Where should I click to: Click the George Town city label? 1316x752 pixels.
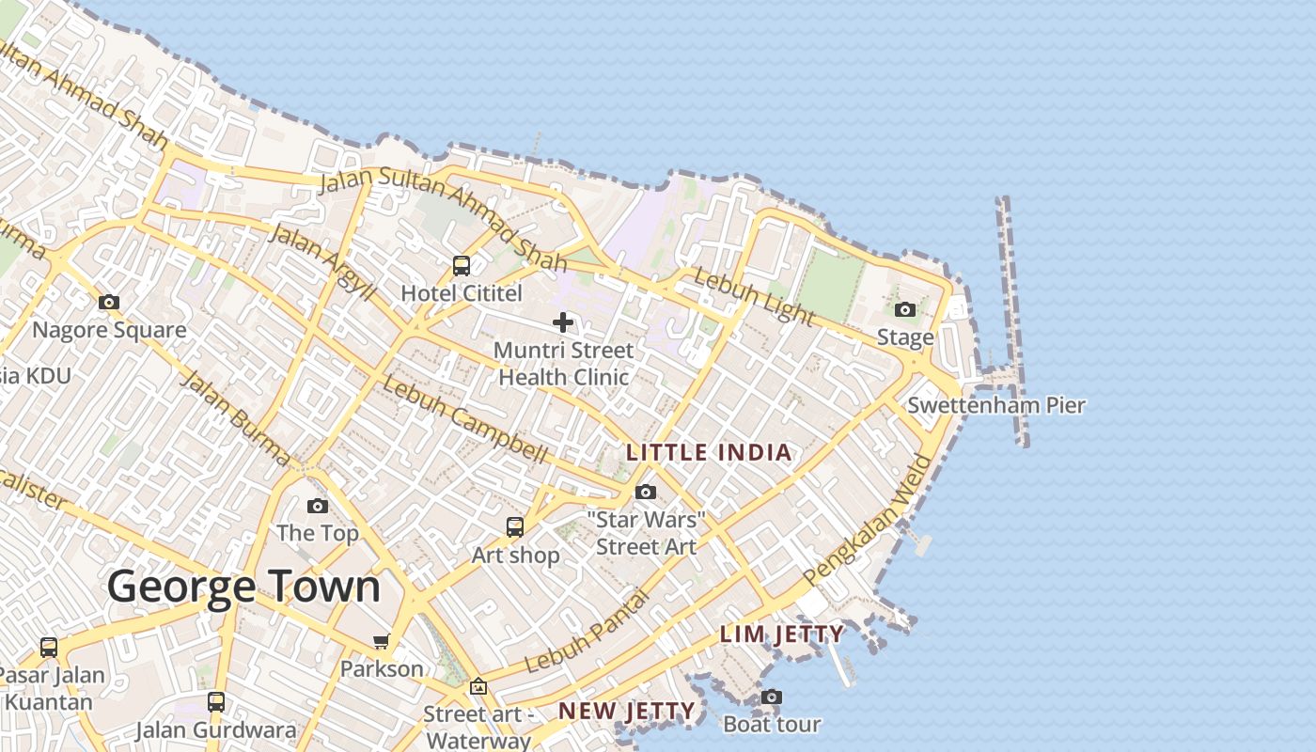click(243, 587)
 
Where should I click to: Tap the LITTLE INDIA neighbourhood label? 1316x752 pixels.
click(709, 452)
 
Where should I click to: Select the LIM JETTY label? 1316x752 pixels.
click(781, 634)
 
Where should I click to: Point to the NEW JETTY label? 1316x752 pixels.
click(627, 712)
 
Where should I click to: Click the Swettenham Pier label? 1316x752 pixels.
click(996, 406)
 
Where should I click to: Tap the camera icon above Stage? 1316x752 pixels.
click(905, 309)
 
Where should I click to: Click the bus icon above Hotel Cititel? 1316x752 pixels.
click(462, 266)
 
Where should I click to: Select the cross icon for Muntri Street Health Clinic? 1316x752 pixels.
click(563, 322)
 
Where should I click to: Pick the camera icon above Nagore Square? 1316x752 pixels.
click(109, 303)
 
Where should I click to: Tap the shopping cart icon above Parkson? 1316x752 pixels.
click(381, 642)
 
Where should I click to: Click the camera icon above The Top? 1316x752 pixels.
click(318, 506)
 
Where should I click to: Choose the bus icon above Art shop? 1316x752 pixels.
click(515, 527)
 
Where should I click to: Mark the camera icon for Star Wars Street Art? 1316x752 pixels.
click(646, 492)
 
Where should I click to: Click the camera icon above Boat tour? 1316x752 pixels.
click(772, 697)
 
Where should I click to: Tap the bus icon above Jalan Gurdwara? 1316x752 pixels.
click(216, 701)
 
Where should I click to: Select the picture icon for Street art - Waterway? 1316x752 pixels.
click(478, 687)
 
